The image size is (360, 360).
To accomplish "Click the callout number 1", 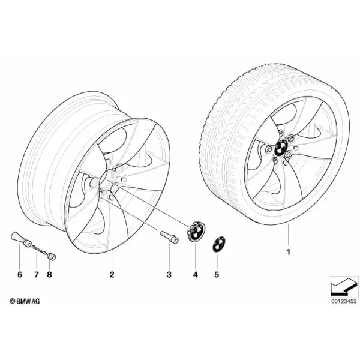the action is (289, 252).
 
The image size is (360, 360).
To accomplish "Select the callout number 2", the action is (112, 274).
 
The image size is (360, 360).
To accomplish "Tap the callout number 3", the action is (169, 274).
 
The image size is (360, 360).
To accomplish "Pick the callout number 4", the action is (196, 274).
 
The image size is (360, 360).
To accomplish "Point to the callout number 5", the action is (217, 274).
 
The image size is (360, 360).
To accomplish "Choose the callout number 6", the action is (20, 274).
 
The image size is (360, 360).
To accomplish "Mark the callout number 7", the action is (36, 274).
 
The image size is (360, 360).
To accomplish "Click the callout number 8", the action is (49, 274).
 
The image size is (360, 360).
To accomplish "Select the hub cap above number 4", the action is (195, 232).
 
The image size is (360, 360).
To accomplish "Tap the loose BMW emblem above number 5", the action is (218, 245).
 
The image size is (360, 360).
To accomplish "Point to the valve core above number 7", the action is (40, 250).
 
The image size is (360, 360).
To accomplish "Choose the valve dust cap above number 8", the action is (52, 256).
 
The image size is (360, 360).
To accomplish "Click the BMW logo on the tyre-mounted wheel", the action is (282, 147).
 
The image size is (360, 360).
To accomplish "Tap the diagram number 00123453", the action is (344, 301).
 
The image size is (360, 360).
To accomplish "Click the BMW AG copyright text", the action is (25, 301).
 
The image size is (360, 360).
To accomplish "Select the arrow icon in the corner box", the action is (344, 287).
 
